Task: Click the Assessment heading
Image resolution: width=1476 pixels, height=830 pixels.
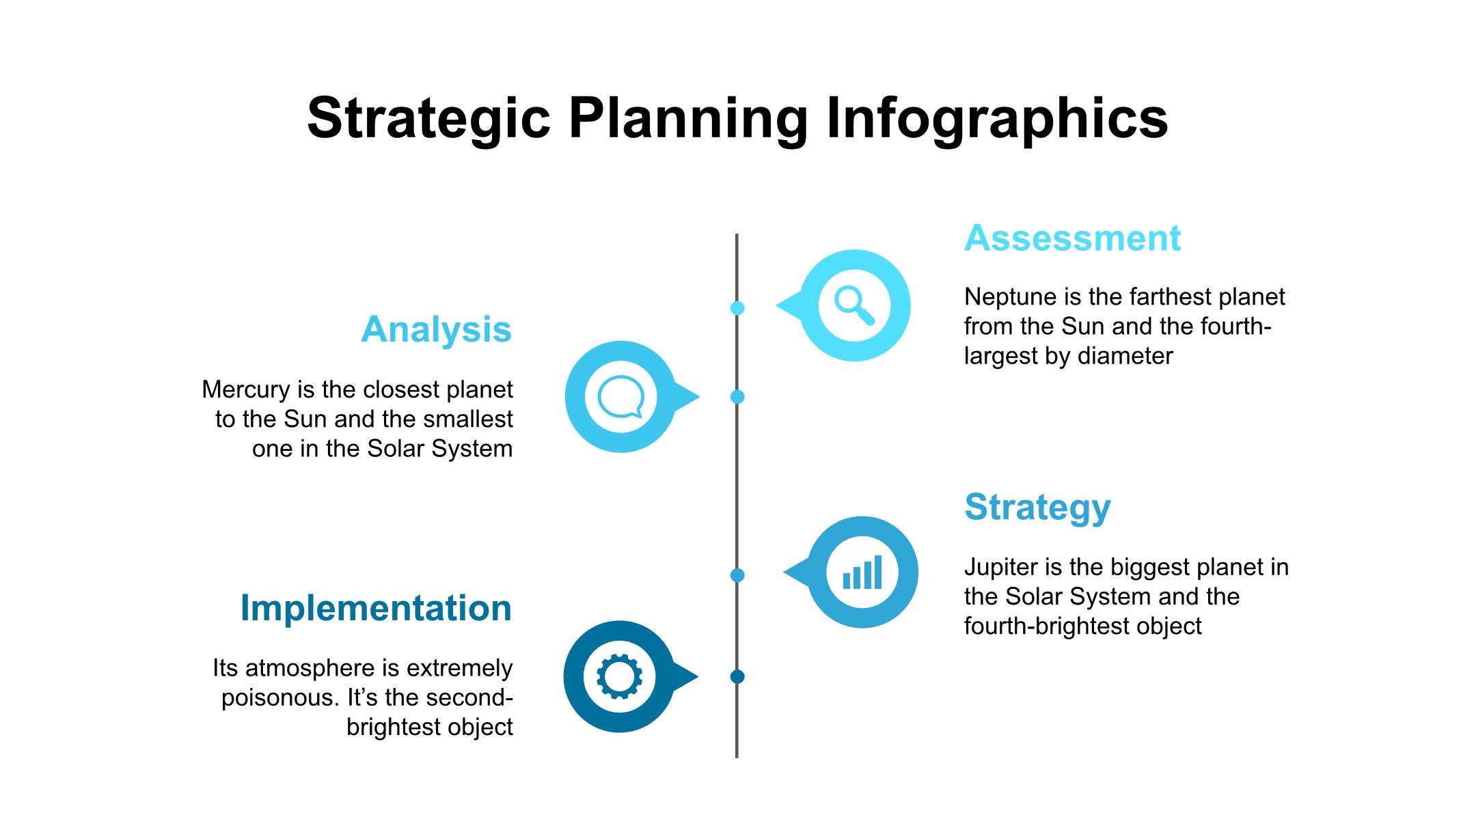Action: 1072,238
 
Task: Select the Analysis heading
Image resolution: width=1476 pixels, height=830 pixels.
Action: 436,329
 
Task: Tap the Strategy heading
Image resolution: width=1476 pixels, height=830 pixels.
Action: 1037,508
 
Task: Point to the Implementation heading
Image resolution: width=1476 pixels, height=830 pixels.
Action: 376,608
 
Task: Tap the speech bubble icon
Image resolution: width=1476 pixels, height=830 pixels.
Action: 620,397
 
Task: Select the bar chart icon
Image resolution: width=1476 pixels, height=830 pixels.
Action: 862,572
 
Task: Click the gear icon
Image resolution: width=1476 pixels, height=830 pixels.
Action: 620,676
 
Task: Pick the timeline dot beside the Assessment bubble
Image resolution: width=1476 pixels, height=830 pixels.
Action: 737,308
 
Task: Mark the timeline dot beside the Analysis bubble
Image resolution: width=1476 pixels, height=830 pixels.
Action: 737,397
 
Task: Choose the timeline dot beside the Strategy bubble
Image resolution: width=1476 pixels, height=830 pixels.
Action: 737,575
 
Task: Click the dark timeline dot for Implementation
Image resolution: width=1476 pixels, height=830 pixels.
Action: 737,677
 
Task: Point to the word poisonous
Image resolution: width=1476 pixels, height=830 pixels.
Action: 280,698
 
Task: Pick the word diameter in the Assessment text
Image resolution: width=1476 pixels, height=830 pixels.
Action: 1125,356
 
